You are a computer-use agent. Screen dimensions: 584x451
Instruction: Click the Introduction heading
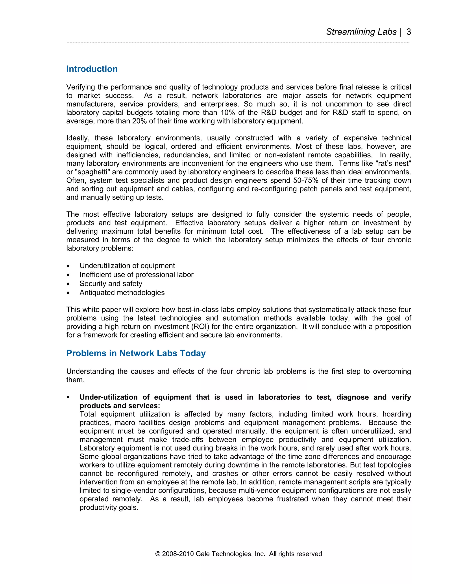pyautogui.click(x=92, y=69)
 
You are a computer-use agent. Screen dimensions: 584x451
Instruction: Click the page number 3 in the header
pyautogui.click(x=408, y=32)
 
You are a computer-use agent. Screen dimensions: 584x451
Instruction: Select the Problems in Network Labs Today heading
pyautogui.click(x=136, y=353)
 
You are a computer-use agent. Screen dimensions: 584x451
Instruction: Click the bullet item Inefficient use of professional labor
pyautogui.click(x=136, y=275)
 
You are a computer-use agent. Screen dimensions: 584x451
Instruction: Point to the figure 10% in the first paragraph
pyautogui.click(x=228, y=113)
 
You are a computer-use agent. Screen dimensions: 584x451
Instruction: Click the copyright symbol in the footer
pyautogui.click(x=158, y=554)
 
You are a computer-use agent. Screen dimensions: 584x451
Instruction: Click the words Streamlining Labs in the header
pyautogui.click(x=361, y=32)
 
